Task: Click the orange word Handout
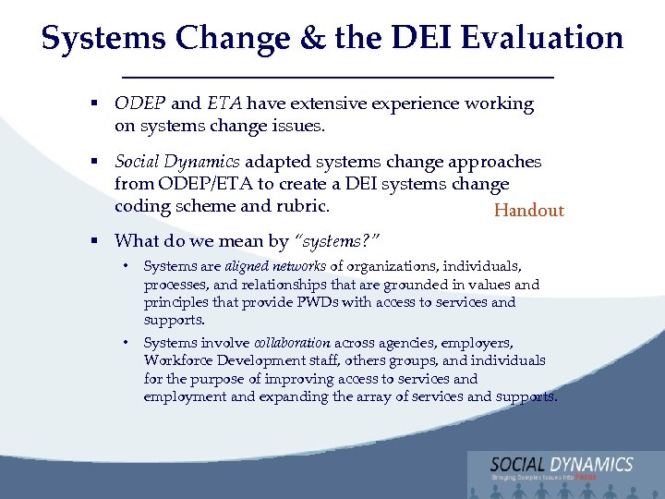pyautogui.click(x=528, y=211)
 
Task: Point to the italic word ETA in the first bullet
pyautogui.click(x=224, y=103)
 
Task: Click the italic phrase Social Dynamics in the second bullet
pyautogui.click(x=176, y=162)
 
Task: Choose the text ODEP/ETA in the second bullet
pyautogui.click(x=205, y=184)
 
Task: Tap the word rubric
pyautogui.click(x=302, y=205)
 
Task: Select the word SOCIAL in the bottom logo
pyautogui.click(x=518, y=464)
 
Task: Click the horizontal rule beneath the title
pyautogui.click(x=332, y=75)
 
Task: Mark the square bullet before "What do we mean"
pyautogui.click(x=95, y=242)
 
